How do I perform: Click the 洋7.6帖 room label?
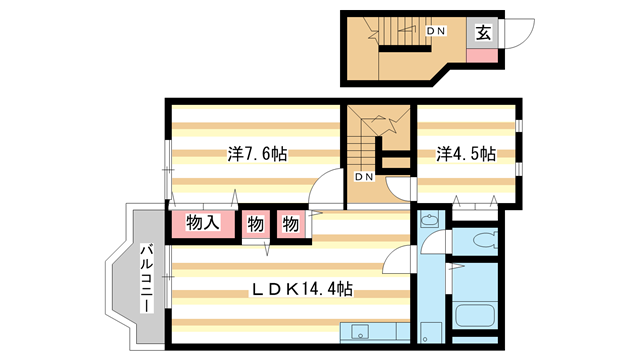(257, 154)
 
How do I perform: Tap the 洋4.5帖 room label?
(466, 154)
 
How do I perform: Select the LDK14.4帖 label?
(300, 290)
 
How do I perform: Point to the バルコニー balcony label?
(146, 279)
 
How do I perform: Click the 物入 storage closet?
(204, 224)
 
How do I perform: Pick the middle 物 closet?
(255, 224)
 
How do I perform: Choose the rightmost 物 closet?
(290, 224)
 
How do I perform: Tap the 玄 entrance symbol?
(482, 32)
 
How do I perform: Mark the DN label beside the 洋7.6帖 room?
(363, 177)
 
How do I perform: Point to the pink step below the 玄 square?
(482, 53)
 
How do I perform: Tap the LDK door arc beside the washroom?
(400, 258)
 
